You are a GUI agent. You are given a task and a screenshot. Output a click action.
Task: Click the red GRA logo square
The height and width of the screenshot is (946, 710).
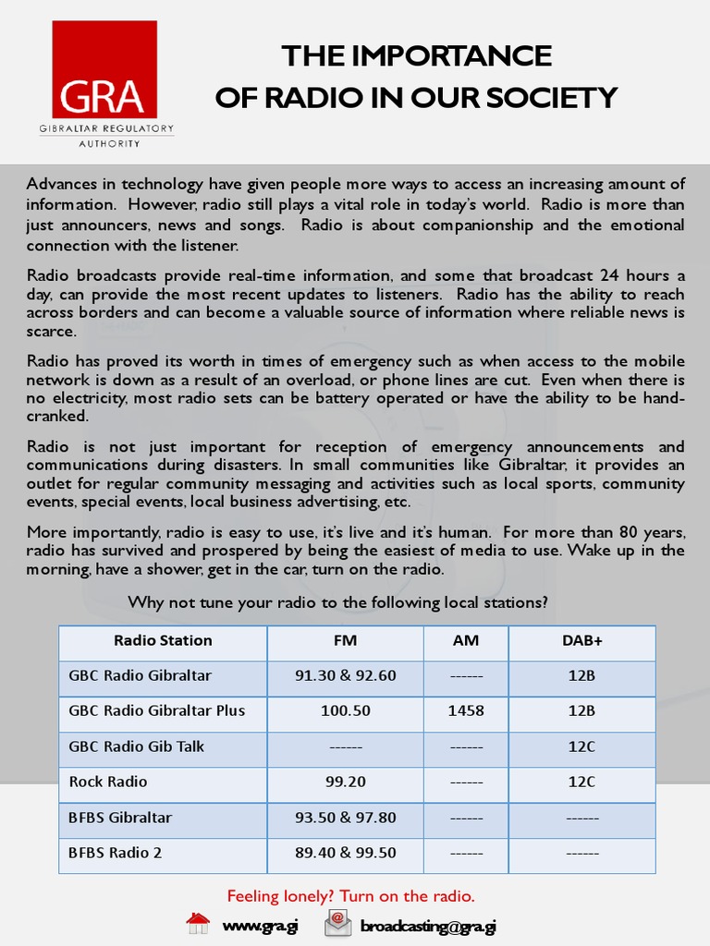104,69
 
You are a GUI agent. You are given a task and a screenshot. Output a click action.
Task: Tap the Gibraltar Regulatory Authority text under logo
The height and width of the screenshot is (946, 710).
105,136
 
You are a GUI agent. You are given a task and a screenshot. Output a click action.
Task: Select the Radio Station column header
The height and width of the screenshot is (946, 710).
163,640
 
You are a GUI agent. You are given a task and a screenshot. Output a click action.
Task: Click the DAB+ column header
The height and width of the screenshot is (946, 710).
581,640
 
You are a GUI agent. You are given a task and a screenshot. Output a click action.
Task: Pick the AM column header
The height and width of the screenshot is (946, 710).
466,640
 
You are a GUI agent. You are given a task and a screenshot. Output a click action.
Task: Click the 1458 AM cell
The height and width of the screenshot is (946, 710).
466,711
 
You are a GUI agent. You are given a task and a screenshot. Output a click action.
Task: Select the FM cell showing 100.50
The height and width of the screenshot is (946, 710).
345,711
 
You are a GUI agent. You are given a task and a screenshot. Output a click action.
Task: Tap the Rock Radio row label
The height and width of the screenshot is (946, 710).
108,782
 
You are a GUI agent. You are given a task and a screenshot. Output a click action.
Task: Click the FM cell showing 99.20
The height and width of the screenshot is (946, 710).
345,782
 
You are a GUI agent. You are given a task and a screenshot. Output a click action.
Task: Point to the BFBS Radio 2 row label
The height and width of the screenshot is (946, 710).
115,853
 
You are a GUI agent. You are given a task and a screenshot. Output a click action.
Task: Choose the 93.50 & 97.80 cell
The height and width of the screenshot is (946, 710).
345,818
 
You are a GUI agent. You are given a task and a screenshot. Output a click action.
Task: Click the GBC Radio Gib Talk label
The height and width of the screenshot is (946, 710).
136,746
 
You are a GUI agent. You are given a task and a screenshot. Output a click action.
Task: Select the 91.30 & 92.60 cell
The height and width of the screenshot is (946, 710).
345,675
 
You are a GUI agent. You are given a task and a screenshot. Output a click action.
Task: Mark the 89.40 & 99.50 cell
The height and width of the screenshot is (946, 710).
345,853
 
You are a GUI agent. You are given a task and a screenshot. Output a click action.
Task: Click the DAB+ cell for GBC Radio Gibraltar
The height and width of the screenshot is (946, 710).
581,675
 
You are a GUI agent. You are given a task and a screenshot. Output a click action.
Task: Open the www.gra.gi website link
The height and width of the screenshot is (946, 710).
260,926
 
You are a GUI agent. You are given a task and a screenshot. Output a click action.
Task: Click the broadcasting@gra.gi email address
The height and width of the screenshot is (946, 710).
428,926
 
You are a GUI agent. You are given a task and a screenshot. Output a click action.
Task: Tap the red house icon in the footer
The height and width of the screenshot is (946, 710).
198,924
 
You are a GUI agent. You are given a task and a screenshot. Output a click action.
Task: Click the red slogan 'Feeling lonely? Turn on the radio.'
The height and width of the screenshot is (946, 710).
351,896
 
